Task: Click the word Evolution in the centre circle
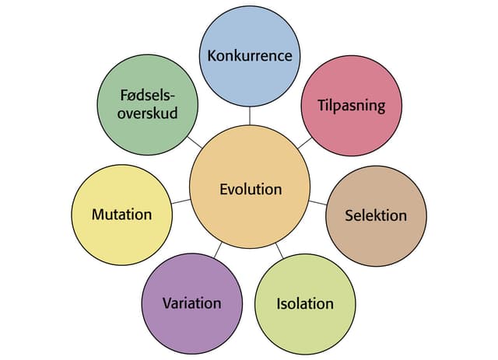point(251,190)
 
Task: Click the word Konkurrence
point(249,56)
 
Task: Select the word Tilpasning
point(352,105)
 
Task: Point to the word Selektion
point(376,215)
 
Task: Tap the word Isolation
point(305,303)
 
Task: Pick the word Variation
point(191,303)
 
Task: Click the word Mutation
point(121,214)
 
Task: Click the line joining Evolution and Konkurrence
point(249,115)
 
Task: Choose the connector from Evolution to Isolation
point(280,250)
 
